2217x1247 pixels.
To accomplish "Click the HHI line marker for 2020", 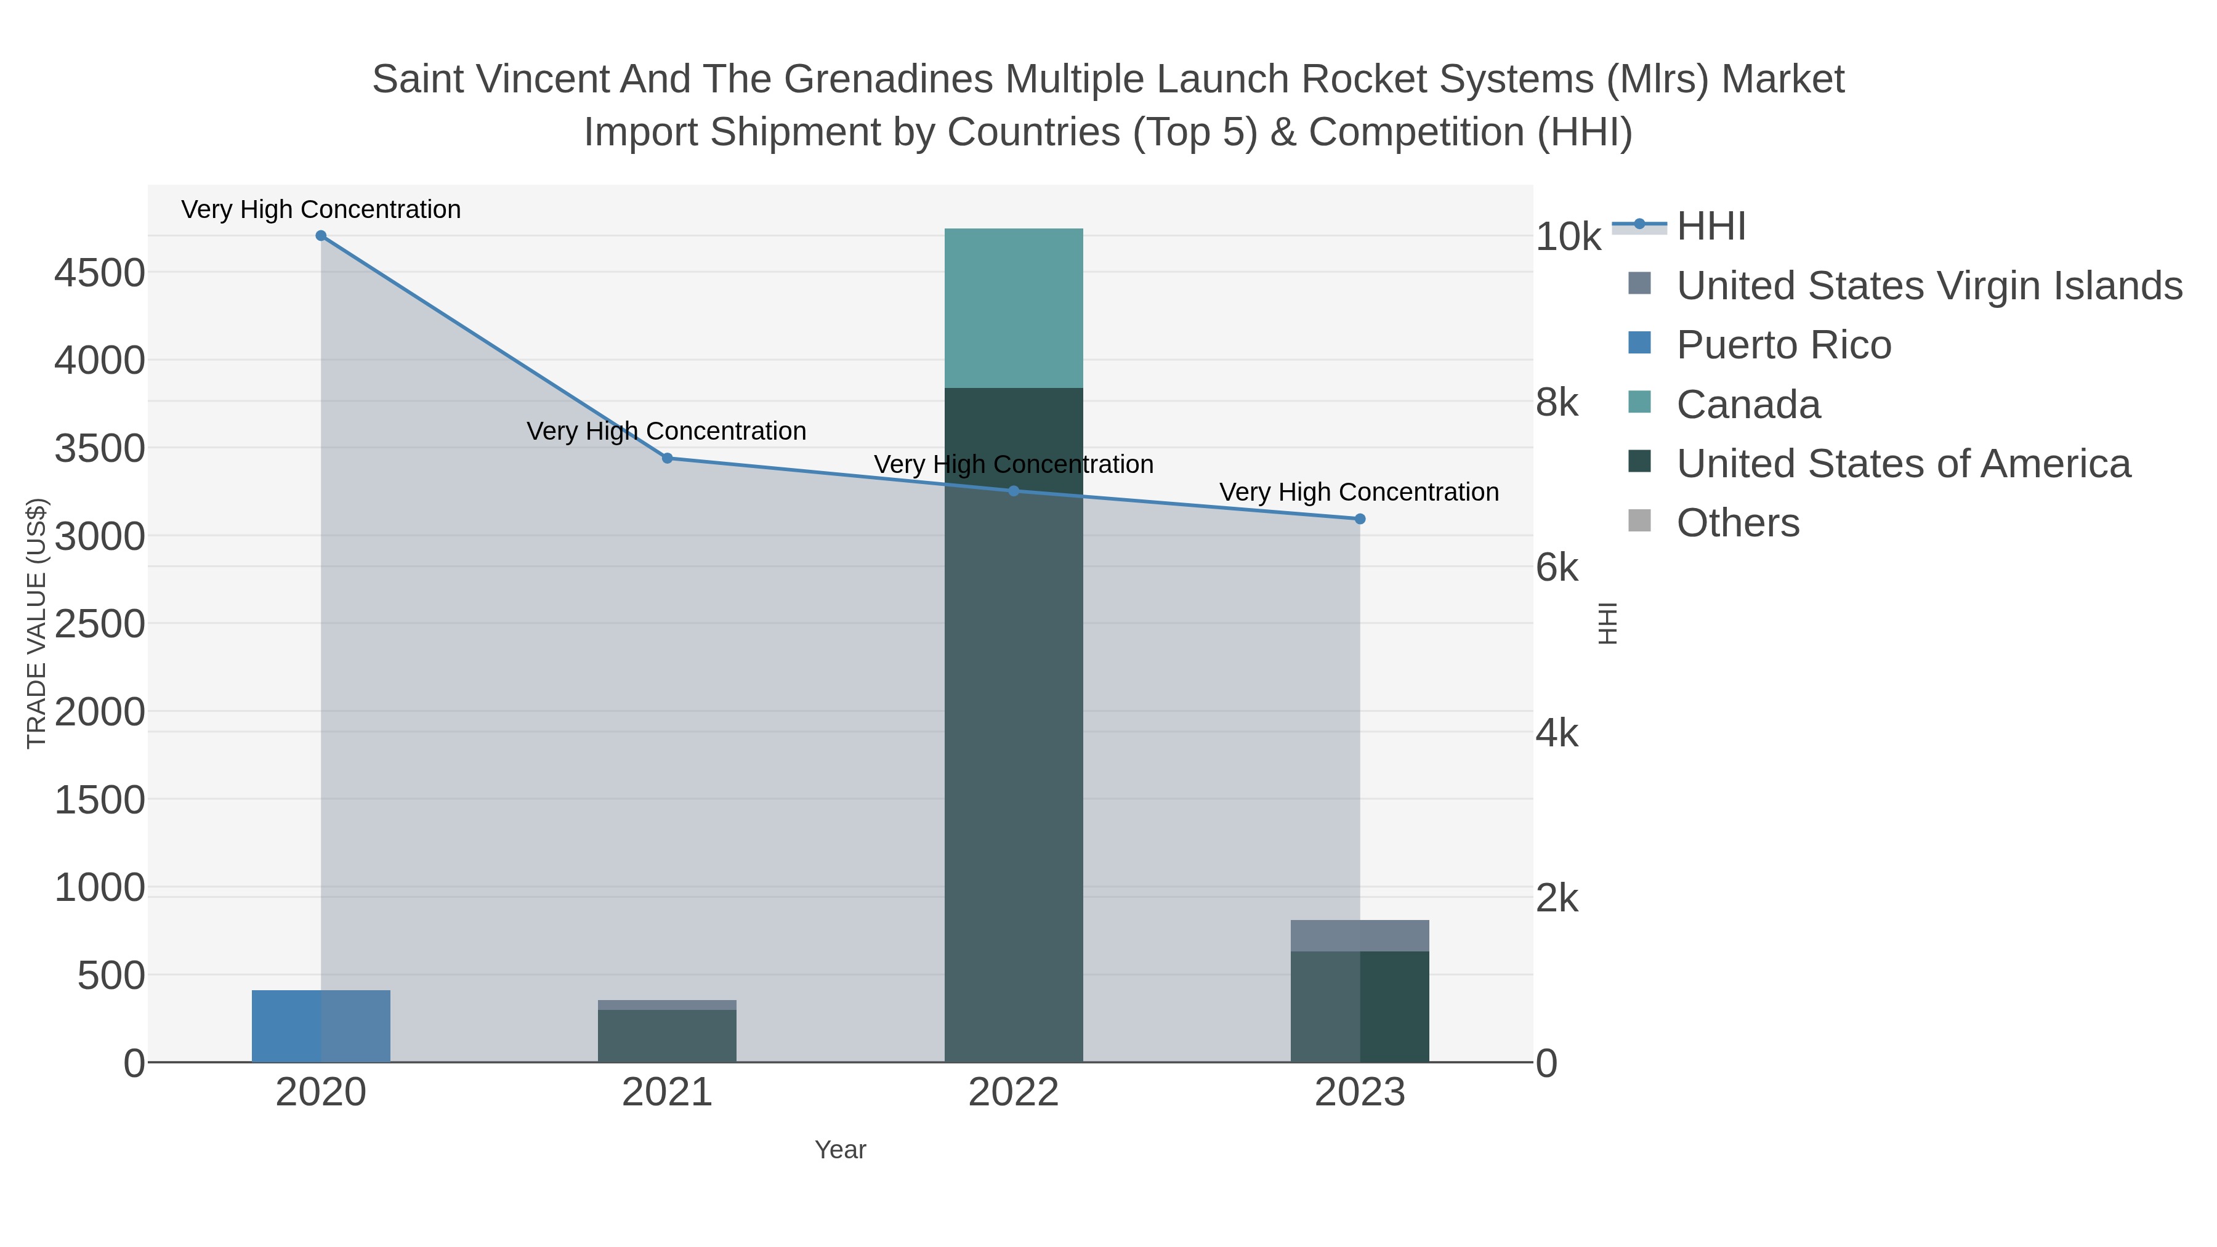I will pos(321,235).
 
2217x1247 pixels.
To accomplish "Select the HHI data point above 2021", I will pos(667,458).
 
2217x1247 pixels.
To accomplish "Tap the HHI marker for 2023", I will pos(1360,519).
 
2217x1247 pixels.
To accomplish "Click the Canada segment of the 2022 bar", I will pos(1013,307).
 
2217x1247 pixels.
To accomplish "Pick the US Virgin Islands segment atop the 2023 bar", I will pos(1359,935).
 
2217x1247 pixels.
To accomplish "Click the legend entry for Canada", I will pos(1747,405).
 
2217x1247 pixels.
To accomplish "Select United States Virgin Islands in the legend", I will pos(1928,286).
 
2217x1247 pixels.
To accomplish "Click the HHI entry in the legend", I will pos(1710,227).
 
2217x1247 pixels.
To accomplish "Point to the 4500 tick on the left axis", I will pos(100,273).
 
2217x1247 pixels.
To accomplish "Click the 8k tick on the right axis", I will pos(1557,402).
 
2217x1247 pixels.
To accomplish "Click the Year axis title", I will pos(840,1150).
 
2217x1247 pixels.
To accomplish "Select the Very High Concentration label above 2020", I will pos(321,209).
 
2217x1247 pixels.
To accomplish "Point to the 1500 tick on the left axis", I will pos(100,799).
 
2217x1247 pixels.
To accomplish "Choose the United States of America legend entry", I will pos(1902,464).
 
